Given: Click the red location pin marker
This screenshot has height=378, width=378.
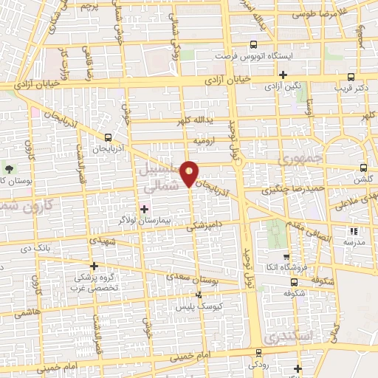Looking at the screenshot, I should [x=190, y=173].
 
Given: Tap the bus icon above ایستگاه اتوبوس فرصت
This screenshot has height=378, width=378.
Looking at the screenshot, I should [x=254, y=44].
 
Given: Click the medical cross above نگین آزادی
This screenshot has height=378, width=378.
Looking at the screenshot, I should [x=283, y=75].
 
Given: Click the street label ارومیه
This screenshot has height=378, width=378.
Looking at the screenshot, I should [x=204, y=139].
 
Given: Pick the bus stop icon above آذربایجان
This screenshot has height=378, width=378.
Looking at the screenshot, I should [x=109, y=137].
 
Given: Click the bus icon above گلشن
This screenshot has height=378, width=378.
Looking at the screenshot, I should [x=362, y=168].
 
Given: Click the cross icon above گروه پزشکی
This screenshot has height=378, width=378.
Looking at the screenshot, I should [x=94, y=266].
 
